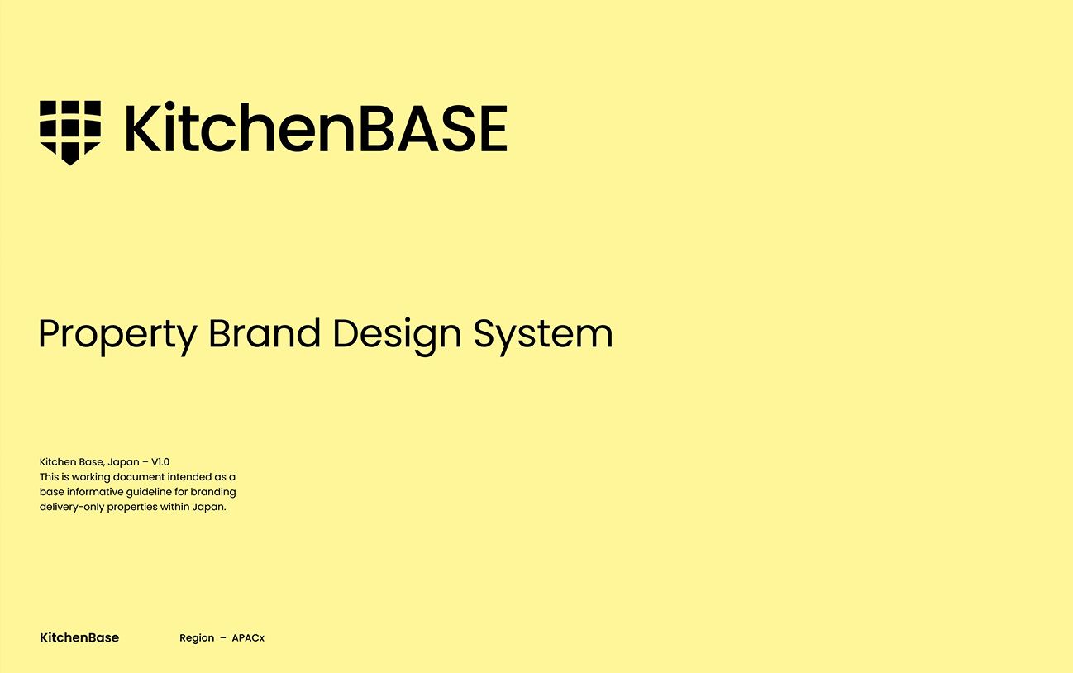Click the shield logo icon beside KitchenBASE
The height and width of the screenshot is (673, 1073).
click(x=70, y=132)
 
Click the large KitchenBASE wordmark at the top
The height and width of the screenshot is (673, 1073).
click(x=316, y=127)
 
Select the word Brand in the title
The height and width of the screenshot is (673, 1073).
click(x=265, y=332)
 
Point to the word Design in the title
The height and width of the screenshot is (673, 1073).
click(x=397, y=336)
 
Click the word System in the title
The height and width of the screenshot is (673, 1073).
click(x=543, y=336)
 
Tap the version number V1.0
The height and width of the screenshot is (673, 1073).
click(x=160, y=462)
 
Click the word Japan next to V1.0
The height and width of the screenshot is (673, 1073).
click(x=123, y=463)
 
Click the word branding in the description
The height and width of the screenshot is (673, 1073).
click(x=213, y=493)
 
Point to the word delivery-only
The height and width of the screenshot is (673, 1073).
click(x=72, y=508)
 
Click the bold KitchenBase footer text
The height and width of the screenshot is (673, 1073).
click(x=79, y=637)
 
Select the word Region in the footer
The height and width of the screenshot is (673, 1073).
click(x=197, y=638)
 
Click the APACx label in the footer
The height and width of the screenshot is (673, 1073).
click(x=248, y=638)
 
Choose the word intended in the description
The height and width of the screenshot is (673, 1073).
click(x=188, y=477)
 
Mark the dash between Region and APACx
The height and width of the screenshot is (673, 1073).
click(x=223, y=638)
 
